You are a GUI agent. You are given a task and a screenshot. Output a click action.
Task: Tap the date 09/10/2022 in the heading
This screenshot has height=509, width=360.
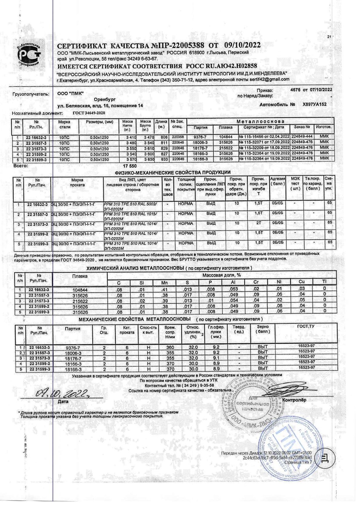[242, 45]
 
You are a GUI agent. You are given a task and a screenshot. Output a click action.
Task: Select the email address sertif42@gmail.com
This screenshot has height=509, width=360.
[270, 79]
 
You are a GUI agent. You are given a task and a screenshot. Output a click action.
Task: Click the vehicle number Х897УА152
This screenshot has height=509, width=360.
[315, 104]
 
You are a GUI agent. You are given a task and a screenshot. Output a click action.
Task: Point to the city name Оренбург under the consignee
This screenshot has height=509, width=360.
[105, 99]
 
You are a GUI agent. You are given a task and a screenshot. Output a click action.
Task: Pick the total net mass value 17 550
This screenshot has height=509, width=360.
[130, 166]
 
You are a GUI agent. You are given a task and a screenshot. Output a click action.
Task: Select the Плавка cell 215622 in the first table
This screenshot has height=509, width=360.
[226, 148]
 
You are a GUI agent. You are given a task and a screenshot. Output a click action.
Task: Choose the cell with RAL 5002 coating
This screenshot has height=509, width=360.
[133, 206]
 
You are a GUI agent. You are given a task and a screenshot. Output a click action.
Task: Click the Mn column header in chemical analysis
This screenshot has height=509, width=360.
[164, 282]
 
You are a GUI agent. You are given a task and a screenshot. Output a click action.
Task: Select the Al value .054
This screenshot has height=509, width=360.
[234, 300]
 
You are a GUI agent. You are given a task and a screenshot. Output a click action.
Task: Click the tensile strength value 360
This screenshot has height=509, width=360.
[170, 347]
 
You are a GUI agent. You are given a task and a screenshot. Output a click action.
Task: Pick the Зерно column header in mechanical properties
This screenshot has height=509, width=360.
[263, 329]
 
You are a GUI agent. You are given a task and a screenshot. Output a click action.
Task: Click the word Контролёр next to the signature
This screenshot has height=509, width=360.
[294, 400]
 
